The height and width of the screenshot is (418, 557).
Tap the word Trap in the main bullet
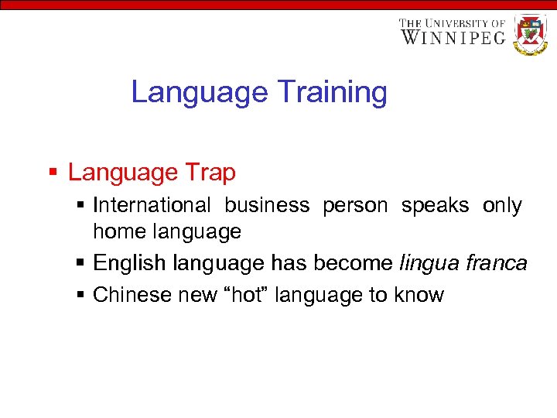210,173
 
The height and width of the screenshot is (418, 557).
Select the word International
152,206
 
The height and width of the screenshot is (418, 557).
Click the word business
267,206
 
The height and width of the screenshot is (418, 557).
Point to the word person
355,206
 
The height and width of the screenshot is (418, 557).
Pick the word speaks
435,206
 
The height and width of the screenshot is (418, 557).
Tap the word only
502,206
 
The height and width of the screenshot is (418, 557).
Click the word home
118,231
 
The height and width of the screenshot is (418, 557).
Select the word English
129,264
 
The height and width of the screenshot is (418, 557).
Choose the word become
352,264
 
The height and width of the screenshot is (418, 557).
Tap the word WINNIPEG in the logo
453,37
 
